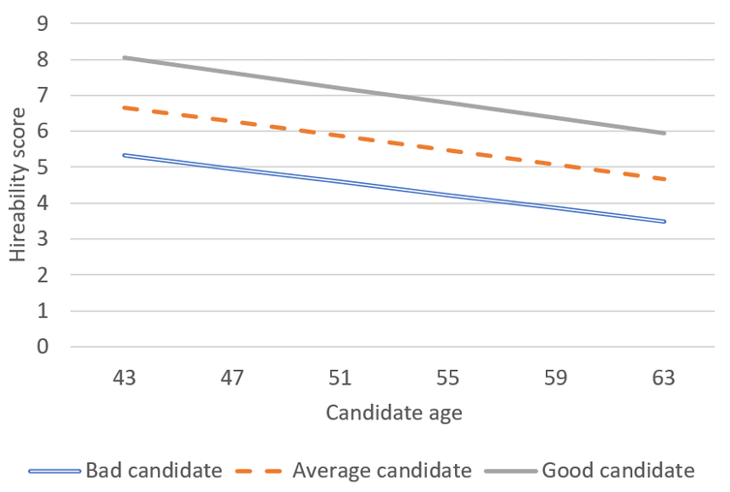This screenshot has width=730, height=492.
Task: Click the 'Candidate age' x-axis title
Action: point(393,414)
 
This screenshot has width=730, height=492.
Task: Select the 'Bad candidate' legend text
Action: point(154,472)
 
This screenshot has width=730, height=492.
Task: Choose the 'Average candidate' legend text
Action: point(382,472)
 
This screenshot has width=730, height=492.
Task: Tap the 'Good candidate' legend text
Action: point(618,472)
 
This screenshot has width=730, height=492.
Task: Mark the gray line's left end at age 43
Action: point(124,58)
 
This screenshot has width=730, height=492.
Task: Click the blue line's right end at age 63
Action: point(664,222)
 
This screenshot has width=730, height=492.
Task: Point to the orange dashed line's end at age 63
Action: point(664,179)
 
